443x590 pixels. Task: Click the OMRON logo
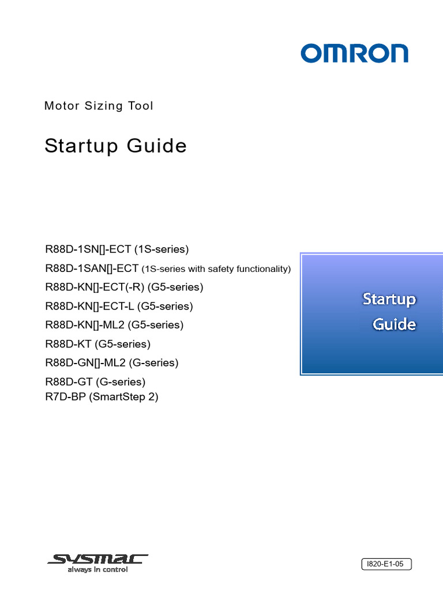click(354, 54)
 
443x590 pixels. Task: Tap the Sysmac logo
click(98, 559)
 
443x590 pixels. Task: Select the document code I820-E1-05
click(386, 565)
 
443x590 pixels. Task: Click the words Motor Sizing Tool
click(99, 106)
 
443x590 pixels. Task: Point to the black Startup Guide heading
click(115, 146)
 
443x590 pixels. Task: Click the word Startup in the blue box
click(389, 300)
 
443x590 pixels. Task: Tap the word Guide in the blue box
click(394, 324)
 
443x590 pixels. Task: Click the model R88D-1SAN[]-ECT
click(92, 268)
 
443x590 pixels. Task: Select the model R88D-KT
click(68, 344)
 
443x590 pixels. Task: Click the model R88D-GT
click(69, 382)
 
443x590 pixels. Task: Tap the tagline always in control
click(97, 570)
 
